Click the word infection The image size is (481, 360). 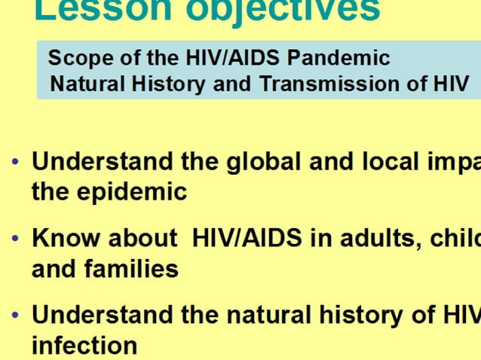[x=84, y=345]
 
